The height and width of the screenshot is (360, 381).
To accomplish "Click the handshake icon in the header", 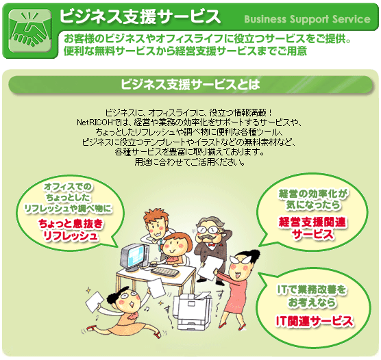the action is pyautogui.click(x=29, y=31).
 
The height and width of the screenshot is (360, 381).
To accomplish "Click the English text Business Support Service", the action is pyautogui.click(x=308, y=19).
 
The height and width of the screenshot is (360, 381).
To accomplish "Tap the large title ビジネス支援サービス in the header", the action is pyautogui.click(x=140, y=16).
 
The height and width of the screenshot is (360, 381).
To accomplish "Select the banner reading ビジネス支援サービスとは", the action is pyautogui.click(x=190, y=84).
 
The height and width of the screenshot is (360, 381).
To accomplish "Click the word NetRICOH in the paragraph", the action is pyautogui.click(x=95, y=123).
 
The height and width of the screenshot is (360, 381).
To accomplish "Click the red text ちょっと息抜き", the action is pyautogui.click(x=71, y=224).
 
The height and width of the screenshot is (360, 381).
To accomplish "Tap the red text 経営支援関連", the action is pyautogui.click(x=312, y=222).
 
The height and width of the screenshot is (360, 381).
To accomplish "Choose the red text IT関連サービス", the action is pyautogui.click(x=314, y=321).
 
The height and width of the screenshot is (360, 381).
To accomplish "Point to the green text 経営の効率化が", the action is pyautogui.click(x=313, y=194).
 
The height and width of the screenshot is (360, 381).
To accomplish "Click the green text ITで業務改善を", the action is pyautogui.click(x=312, y=290).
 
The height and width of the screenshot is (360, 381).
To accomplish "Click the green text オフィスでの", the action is pyautogui.click(x=68, y=187).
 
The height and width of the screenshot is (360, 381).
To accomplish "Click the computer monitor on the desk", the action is pyautogui.click(x=133, y=257).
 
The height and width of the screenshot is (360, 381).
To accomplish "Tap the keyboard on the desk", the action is pyautogui.click(x=165, y=271).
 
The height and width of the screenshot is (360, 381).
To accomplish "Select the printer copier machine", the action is pyautogui.click(x=192, y=311).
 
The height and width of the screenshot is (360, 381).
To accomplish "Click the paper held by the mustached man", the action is pyautogui.click(x=209, y=269).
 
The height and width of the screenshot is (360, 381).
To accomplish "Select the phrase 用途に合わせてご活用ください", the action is pyautogui.click(x=190, y=162).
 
